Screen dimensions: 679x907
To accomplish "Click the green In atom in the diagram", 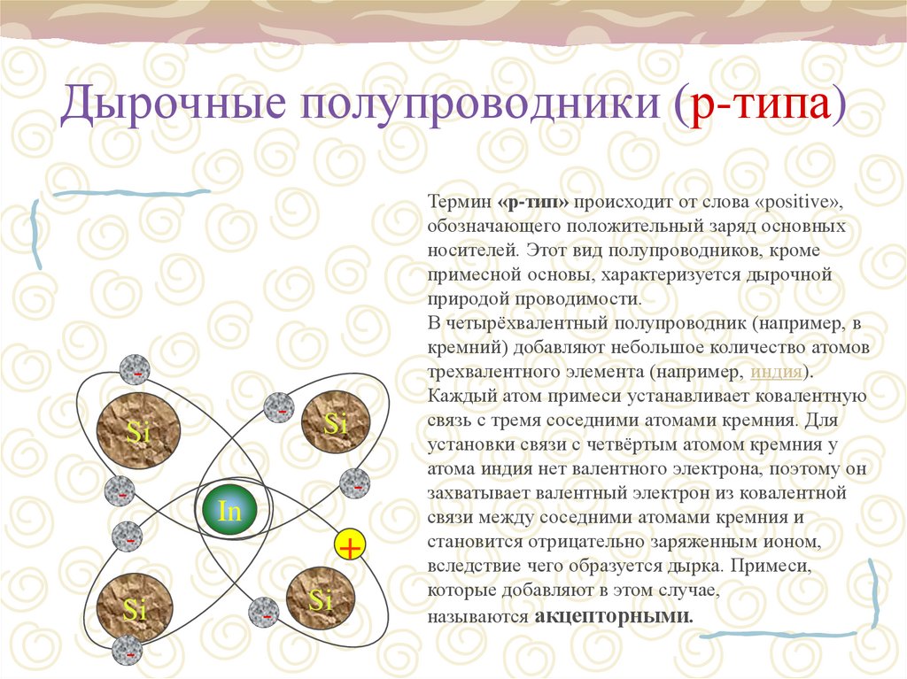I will pos(229,511).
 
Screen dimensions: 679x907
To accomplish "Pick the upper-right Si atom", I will pos(335,424).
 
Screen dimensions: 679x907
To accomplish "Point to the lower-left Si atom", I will pos(135,608).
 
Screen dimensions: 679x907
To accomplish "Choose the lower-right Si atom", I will pos(320,601).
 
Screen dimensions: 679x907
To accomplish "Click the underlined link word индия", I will pos(777,371).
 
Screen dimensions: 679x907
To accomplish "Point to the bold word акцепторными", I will pos(614,615).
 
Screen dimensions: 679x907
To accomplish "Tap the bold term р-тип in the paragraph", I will pos(534,202).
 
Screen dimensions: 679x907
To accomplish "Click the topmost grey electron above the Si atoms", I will pos(136,369).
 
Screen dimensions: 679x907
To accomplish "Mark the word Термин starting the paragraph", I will pos(456,202).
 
